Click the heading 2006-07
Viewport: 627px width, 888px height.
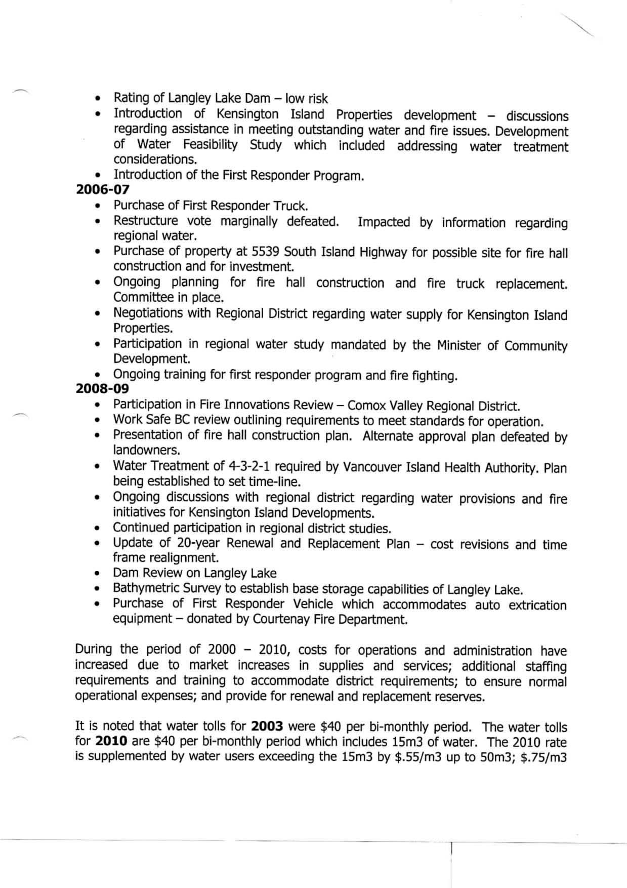(103, 190)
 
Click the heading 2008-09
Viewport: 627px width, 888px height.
(103, 389)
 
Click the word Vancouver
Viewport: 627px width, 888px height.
(372, 467)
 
